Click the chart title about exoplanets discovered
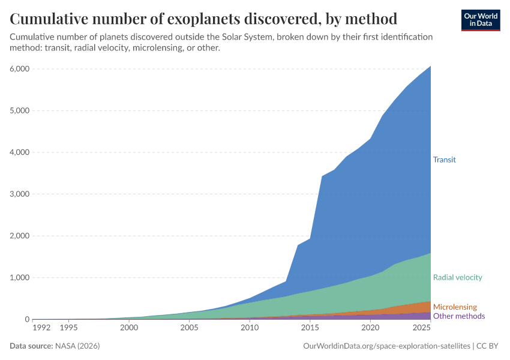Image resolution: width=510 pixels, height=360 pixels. tap(203, 19)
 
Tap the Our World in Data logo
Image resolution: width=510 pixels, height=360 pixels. tap(480, 20)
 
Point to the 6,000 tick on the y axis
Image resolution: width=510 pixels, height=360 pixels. tap(19, 69)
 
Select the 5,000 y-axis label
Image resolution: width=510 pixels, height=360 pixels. tap(19, 110)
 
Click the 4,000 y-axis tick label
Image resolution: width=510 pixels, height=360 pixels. tap(19, 152)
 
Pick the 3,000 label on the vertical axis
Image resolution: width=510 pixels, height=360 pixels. tap(19, 194)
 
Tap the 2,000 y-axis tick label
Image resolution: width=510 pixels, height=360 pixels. tap(19, 236)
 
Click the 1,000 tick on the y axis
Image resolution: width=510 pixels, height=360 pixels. tap(19, 278)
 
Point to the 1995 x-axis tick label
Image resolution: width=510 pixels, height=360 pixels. tap(68, 328)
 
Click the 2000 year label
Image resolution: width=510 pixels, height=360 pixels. tap(129, 328)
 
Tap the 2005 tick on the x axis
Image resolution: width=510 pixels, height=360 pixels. tap(189, 328)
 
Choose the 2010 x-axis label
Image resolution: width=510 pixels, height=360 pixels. tap(250, 328)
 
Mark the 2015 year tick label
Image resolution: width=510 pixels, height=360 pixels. tap(310, 328)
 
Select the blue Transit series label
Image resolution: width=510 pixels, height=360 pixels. tap(445, 160)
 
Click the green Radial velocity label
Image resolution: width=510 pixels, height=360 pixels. tap(457, 277)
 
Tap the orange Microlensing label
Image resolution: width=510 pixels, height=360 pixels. tap(455, 307)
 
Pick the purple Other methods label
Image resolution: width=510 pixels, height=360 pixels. tap(458, 316)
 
